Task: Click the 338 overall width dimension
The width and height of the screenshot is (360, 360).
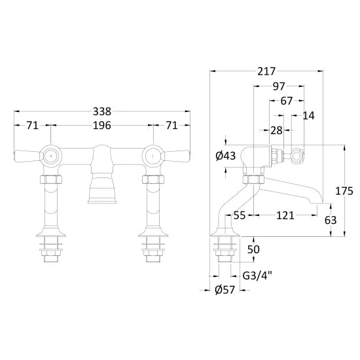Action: point(102,111)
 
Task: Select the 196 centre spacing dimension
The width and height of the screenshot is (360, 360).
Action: point(102,126)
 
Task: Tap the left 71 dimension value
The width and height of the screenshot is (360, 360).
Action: point(32,126)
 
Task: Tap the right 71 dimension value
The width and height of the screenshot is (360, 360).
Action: point(171,126)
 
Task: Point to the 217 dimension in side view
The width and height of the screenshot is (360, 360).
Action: point(266,71)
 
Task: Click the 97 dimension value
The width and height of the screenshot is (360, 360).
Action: point(279,86)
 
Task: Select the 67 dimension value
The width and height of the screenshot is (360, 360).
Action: point(287,101)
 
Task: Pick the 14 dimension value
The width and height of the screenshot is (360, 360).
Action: point(308,115)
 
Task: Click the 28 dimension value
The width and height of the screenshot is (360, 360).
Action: point(276,130)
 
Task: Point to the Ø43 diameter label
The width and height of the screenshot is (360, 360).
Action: point(226,156)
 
